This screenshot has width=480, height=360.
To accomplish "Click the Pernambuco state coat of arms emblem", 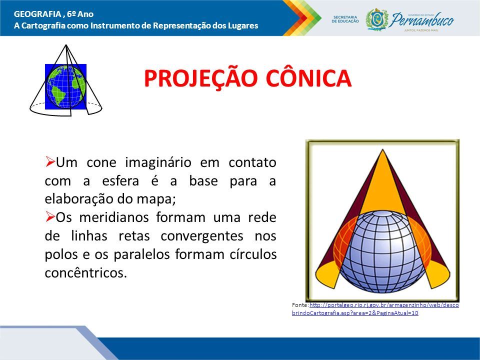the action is (377, 19).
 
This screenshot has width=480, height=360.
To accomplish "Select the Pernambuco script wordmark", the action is (422, 20).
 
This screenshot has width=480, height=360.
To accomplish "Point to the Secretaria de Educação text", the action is (345, 19).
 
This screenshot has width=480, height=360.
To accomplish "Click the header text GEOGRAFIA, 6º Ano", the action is (53, 14).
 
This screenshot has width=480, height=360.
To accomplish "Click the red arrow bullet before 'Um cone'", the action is (50, 161).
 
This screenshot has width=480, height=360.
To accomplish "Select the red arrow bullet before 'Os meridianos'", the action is (50, 216).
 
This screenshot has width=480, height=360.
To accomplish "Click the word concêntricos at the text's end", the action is (85, 272).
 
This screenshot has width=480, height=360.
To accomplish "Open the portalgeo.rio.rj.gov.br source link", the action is (375, 309).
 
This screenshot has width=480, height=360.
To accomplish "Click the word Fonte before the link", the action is (300, 305).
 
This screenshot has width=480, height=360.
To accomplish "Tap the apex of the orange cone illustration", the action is (382, 149).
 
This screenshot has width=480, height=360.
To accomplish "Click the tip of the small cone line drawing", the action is (66, 45).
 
